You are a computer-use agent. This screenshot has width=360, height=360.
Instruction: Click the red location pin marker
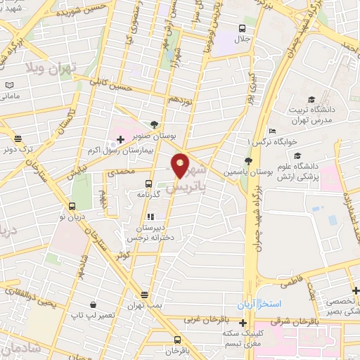tap(181, 165)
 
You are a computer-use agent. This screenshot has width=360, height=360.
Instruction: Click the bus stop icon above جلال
tap(242, 28)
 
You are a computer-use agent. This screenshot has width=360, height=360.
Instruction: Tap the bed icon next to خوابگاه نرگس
tap(272, 131)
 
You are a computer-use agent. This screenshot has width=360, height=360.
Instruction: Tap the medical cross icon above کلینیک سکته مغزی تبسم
tap(243, 324)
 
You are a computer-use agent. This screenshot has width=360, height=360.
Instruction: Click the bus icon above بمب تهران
tap(144, 295)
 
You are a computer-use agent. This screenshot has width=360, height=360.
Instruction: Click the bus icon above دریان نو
tap(72, 206)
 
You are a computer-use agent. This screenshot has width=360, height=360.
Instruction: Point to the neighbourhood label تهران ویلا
tap(53, 67)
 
